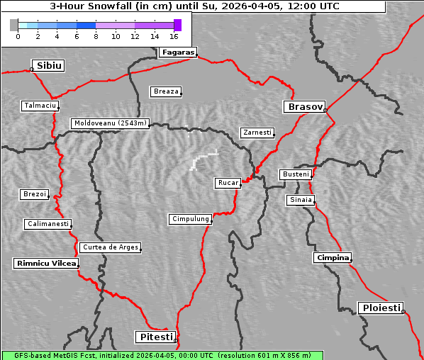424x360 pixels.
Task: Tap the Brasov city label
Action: coord(304,107)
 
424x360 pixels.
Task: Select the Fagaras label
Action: coord(177,52)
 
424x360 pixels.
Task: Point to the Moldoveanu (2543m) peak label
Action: coord(111,123)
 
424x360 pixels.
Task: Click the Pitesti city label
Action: coord(155,337)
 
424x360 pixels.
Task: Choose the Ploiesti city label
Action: coord(381,308)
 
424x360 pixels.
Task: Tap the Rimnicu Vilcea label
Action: coord(45,263)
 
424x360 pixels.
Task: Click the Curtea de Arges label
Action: coord(110,247)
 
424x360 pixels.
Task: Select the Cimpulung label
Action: coord(190,219)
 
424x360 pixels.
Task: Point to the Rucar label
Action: coord(228,183)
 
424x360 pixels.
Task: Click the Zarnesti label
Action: coord(257,133)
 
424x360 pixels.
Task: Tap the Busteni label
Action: coord(295,174)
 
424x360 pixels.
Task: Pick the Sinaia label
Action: coord(300,200)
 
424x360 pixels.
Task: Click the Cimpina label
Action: coord(332,257)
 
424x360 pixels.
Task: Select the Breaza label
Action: coord(166,91)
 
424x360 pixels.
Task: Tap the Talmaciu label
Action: coord(39,106)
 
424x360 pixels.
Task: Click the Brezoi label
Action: coord(34,194)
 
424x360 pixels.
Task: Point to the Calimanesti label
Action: coord(48,224)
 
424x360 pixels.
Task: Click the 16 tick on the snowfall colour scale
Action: coord(174,35)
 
